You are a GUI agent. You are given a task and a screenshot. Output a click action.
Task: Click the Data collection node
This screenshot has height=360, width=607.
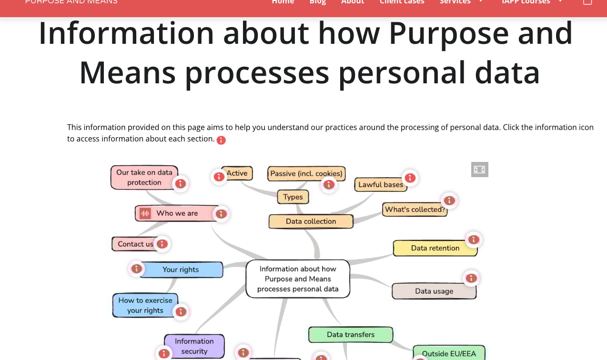pos(311,221)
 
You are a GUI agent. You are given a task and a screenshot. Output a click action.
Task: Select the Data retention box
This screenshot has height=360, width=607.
pos(435,248)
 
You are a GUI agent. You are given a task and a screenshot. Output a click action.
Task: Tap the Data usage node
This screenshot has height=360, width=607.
pos(434,291)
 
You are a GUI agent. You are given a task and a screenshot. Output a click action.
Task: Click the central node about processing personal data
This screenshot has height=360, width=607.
pos(298,279)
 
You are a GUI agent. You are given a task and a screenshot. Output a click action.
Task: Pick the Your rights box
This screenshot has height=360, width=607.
pos(181,270)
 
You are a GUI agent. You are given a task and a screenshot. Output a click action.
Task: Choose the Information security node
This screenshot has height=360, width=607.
pos(194,346)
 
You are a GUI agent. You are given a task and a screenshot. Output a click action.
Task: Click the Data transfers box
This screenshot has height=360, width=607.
pos(350,334)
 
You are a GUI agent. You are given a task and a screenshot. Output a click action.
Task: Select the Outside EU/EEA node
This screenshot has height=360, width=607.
pos(448,353)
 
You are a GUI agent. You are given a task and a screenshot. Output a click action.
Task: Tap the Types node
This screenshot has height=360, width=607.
pos(293,197)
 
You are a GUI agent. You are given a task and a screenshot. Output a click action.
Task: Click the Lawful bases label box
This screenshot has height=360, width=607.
pos(380,185)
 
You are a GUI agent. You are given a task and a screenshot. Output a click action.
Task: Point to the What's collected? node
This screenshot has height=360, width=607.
pos(415,210)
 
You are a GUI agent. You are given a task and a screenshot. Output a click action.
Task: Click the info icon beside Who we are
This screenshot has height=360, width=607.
pos(221,214)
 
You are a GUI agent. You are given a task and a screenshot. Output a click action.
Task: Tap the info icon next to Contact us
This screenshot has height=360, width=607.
pos(162,244)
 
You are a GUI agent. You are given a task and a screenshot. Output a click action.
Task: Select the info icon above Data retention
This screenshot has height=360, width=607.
pos(473,240)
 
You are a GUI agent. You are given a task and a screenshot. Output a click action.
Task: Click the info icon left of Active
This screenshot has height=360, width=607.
pos(219,177)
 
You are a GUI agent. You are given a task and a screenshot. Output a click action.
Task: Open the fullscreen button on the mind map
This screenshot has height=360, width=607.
pos(479,170)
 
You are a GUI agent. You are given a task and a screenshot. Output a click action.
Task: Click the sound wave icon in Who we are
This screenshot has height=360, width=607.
pos(145,213)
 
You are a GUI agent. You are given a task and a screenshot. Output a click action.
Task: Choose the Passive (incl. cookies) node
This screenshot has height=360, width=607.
pos(306,174)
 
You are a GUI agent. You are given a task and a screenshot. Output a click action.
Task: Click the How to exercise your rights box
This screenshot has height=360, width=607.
pos(145,305)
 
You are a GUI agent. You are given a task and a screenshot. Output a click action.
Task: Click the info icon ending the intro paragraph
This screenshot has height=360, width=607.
pos(221,140)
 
